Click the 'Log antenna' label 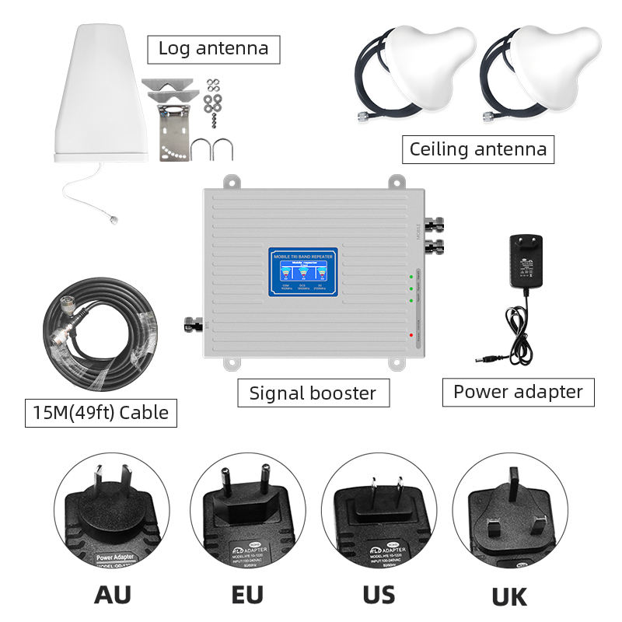click(x=213, y=48)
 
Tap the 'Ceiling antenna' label click(x=477, y=148)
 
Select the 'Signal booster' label click(x=313, y=393)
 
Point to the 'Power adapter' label click(x=518, y=391)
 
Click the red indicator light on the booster click(x=411, y=334)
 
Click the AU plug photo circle click(x=112, y=516)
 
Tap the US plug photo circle click(x=379, y=516)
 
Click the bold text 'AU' click(x=112, y=594)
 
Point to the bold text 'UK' click(x=509, y=596)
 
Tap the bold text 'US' click(x=379, y=594)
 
